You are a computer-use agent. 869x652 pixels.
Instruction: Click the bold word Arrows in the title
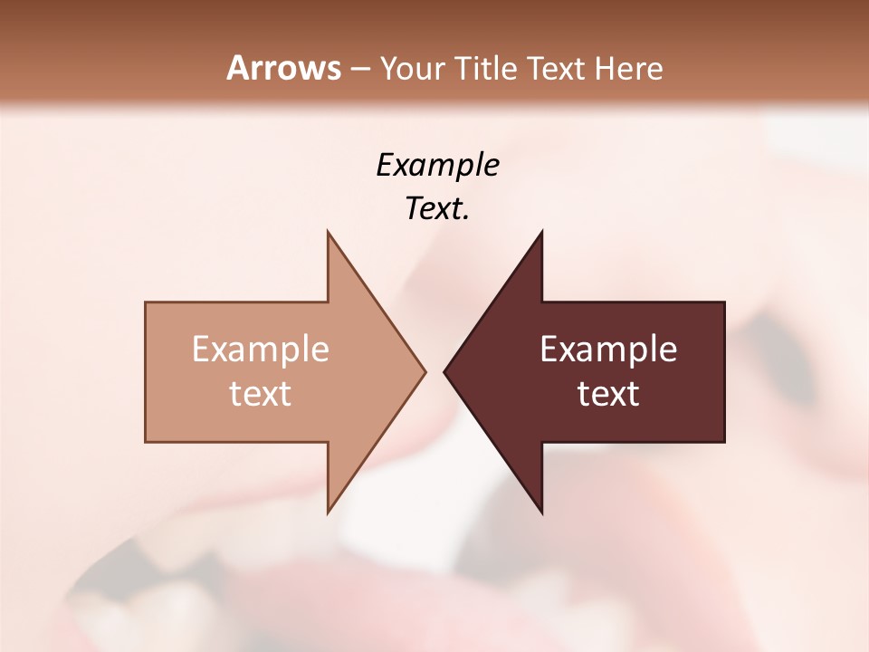283,68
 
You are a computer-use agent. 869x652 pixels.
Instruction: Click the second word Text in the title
556,68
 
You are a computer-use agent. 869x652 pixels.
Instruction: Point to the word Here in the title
629,68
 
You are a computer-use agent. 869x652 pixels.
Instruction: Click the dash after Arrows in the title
359,69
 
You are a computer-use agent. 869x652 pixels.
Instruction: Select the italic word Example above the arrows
437,165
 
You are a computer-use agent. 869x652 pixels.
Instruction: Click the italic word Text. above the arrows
437,209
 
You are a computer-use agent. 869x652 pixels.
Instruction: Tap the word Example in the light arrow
261,350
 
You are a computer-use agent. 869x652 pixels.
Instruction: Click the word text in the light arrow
261,394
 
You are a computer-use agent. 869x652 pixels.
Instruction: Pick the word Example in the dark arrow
608,350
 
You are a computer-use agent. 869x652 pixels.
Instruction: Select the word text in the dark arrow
608,394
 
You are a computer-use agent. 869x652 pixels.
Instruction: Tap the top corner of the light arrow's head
328,231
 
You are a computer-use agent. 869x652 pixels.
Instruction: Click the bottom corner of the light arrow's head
328,513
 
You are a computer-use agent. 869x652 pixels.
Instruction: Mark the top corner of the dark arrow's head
541,231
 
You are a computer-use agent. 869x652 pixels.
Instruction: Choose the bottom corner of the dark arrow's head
541,513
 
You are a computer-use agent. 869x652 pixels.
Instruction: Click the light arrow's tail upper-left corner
146,302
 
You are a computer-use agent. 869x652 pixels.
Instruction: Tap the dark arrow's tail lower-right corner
724,441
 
